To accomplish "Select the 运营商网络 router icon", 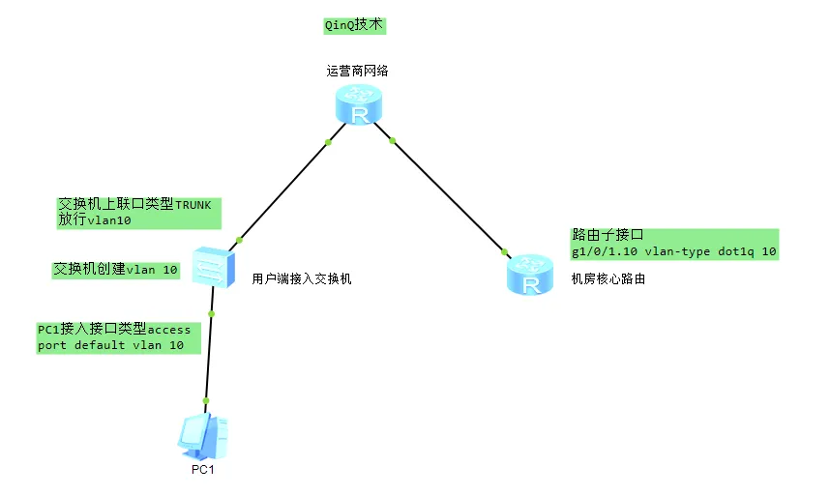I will click(x=360, y=105).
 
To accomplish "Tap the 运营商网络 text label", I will click(x=358, y=71).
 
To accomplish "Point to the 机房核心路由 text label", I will click(x=608, y=278).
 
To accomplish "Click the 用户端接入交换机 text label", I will click(x=301, y=278).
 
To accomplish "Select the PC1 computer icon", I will click(x=204, y=436).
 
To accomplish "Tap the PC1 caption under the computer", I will click(x=202, y=470).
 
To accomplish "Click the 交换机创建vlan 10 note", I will click(x=115, y=270).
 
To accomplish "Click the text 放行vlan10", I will click(x=95, y=220).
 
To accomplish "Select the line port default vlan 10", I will click(x=110, y=344).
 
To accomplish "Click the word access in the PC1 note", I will click(x=168, y=330).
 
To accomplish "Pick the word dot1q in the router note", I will click(x=739, y=251).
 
